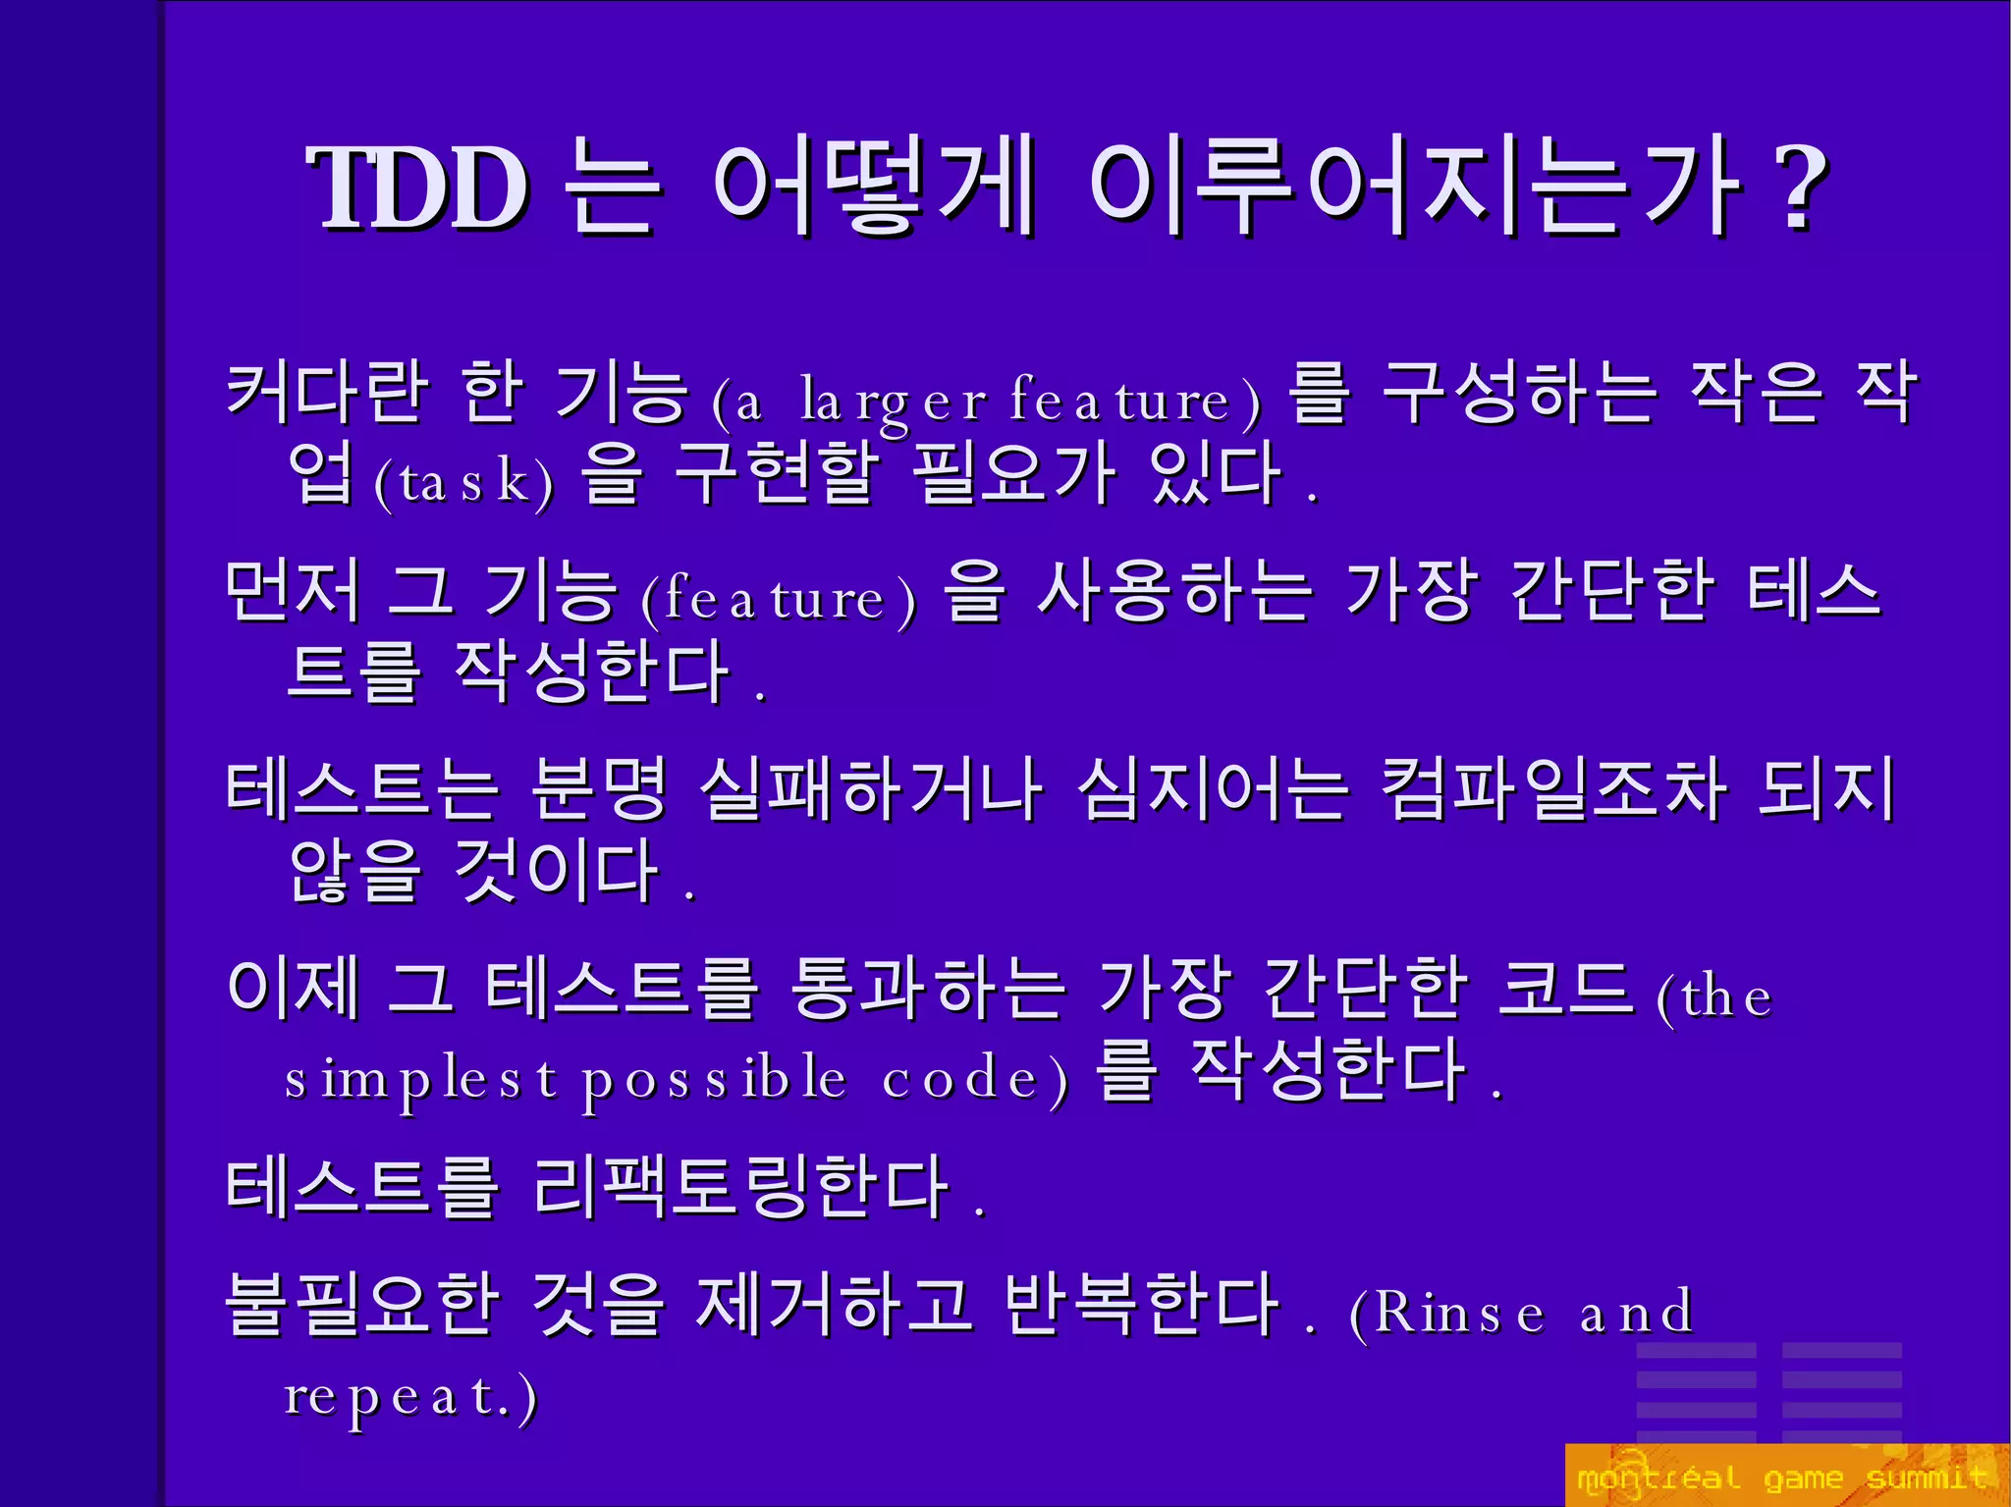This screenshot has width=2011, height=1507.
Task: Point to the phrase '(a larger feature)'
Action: coord(986,401)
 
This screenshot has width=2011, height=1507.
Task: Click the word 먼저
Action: coord(292,591)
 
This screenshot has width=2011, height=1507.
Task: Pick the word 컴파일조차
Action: coord(1552,789)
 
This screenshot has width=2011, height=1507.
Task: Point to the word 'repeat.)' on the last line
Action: coord(410,1396)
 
